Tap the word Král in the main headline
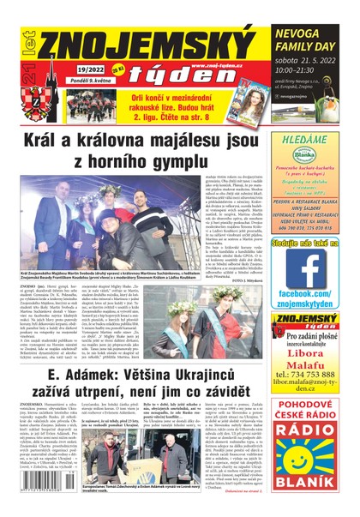pos(64,140)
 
